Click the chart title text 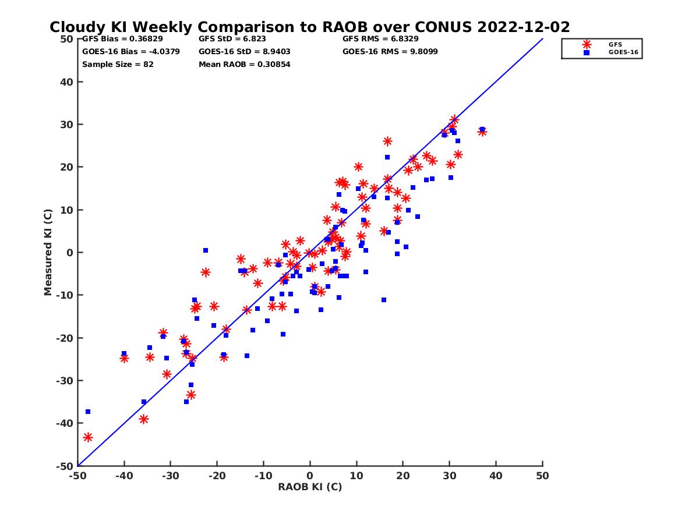point(309,27)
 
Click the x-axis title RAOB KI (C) point(309,487)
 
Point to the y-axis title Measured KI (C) point(48,252)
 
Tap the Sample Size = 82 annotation point(118,64)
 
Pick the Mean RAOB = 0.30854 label point(245,64)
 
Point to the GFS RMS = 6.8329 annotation point(380,39)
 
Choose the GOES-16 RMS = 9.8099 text point(390,51)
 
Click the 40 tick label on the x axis point(496,476)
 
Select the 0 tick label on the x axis point(310,476)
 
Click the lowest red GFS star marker point(88,437)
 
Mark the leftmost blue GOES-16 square point(88,412)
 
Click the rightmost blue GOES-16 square point(482,129)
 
